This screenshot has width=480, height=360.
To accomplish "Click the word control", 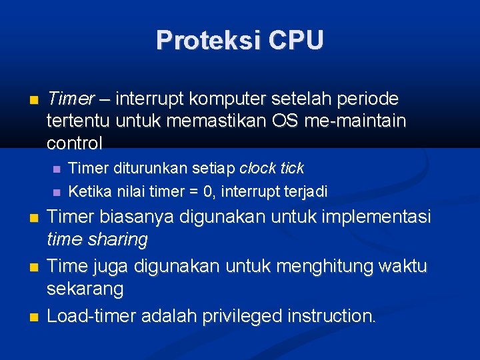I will point(75,143).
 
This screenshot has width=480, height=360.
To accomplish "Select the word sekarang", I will point(85,289).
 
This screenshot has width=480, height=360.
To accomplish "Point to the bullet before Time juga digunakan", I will point(34,267).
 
